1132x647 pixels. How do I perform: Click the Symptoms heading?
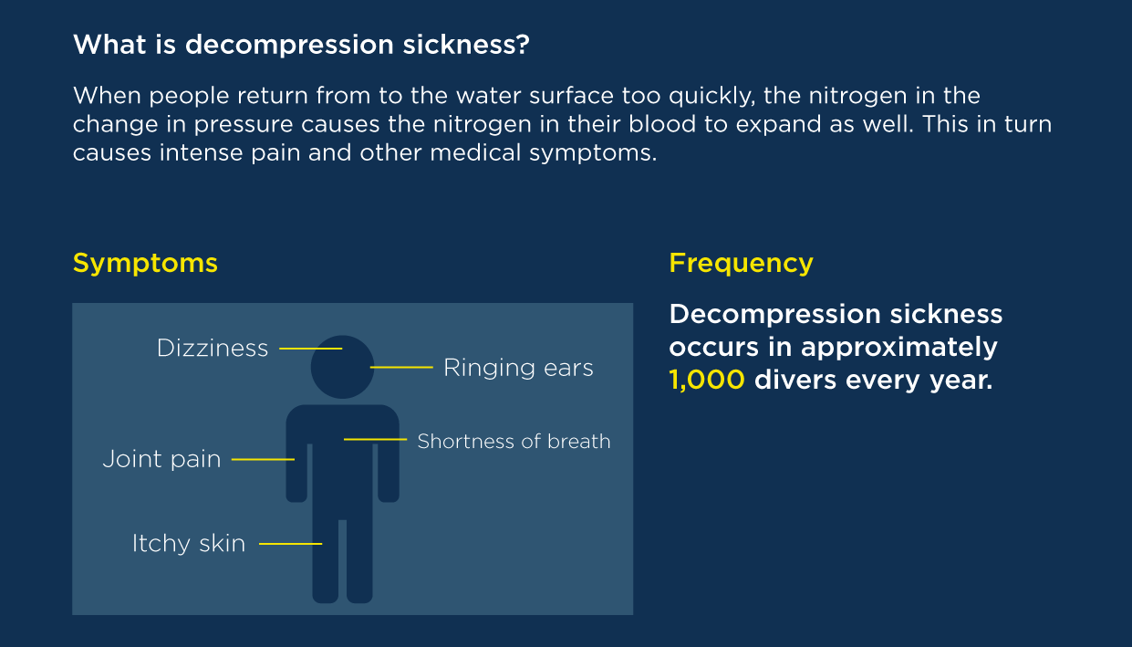(146, 264)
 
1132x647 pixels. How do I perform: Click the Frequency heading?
(741, 264)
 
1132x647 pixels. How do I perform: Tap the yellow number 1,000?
(707, 381)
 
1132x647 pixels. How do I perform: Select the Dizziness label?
(213, 349)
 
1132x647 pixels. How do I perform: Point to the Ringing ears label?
(518, 369)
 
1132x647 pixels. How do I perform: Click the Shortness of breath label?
(514, 442)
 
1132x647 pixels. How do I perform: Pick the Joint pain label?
(161, 460)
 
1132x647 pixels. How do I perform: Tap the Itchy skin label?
(189, 544)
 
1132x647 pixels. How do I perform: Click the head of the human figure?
(342, 367)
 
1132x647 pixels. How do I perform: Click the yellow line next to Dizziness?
(311, 349)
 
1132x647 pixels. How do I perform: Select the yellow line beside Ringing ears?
(401, 367)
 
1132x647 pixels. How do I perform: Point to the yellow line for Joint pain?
(263, 460)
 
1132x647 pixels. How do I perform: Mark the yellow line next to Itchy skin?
(291, 544)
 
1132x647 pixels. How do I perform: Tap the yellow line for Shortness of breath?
(376, 439)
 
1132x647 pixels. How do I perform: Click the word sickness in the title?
(466, 45)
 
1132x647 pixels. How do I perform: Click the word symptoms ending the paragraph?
(593, 153)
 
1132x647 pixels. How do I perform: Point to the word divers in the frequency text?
(794, 381)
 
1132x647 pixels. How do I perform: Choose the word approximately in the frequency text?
(899, 348)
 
